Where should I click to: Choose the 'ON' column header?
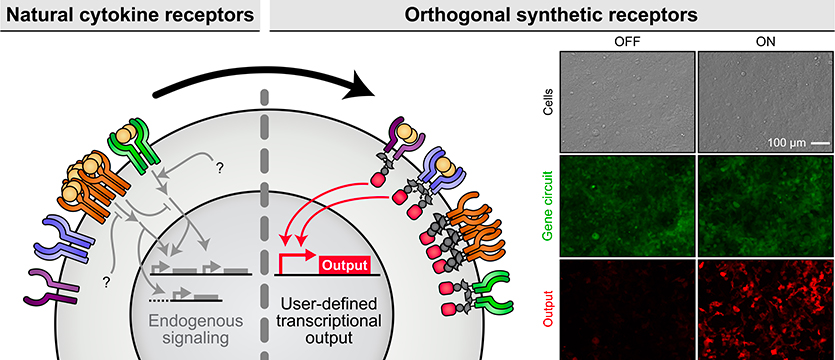[x=765, y=43]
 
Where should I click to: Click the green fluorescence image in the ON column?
[x=765, y=205]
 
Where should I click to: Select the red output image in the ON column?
[x=765, y=308]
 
